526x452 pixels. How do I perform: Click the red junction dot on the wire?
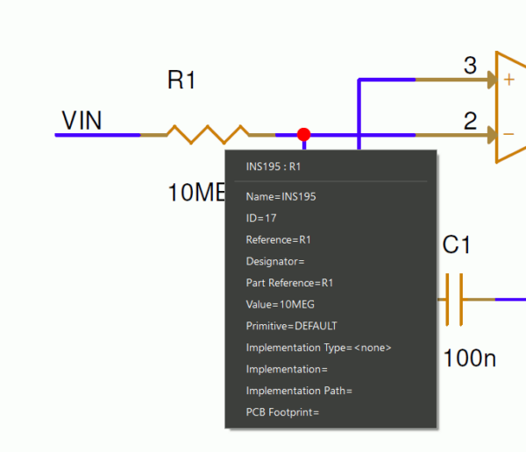coord(304,135)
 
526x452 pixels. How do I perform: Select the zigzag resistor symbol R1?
coord(209,135)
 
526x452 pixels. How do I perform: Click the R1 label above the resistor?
coord(181,81)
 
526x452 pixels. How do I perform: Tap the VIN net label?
coord(82,121)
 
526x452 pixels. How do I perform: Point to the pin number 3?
coord(470,66)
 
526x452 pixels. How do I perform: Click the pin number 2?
coord(470,121)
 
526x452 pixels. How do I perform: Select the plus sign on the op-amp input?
coord(508,80)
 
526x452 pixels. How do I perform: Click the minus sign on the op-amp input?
coord(508,135)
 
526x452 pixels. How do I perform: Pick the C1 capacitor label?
coord(457,246)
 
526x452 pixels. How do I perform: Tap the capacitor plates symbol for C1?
coord(454,300)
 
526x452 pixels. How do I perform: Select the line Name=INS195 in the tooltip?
coord(281,197)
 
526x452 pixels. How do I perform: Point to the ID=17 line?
coord(261,218)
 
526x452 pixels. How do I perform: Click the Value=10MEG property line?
coord(280,304)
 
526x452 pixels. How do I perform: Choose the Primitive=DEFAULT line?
coord(291,326)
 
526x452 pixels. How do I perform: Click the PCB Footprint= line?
coord(282,412)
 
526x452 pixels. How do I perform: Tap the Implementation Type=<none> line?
coord(318,348)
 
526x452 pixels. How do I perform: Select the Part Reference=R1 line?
coord(289,283)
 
